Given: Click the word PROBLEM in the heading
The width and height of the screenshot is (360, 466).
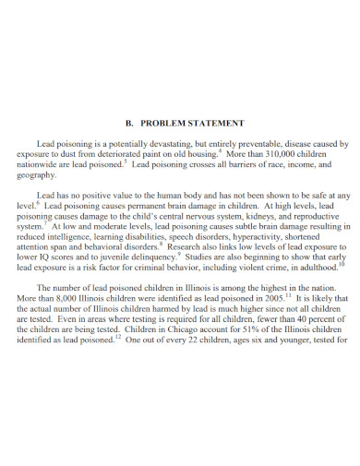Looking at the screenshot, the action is [166, 123].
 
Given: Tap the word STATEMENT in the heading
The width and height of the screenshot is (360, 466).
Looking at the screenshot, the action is [218, 123].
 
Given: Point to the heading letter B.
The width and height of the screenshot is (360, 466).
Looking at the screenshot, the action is [128, 123].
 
